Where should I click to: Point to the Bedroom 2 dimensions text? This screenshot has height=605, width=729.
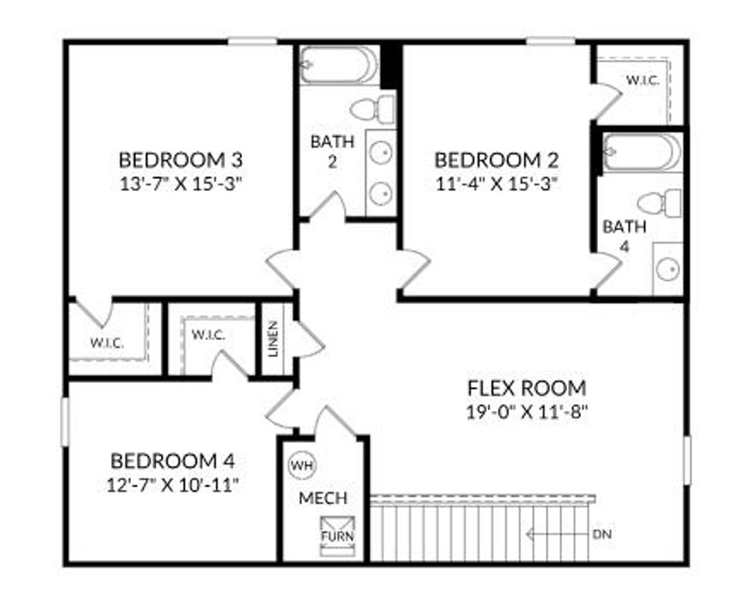[x=496, y=183]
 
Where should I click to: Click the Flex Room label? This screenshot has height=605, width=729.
[x=527, y=388]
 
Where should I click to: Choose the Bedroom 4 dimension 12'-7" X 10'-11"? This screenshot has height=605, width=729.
[x=172, y=485]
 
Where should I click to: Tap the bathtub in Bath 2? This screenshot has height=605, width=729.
[x=339, y=65]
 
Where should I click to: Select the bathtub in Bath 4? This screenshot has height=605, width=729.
[x=641, y=152]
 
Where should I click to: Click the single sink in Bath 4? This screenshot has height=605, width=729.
[x=668, y=269]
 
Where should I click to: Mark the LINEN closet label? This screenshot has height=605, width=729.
[x=274, y=339]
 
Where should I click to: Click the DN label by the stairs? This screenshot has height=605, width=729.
[x=602, y=534]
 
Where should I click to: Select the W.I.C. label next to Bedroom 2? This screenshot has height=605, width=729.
[x=642, y=81]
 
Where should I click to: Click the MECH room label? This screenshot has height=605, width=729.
[x=323, y=497]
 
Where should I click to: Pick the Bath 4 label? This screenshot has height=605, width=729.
[x=624, y=237]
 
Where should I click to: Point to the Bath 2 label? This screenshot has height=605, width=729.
[x=331, y=151]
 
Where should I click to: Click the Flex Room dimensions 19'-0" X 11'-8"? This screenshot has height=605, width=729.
[x=527, y=412]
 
